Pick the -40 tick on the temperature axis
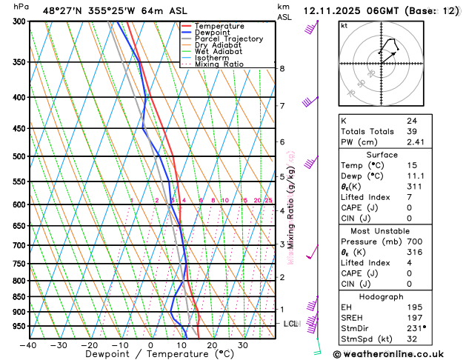[x=28, y=344]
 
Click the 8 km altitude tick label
[x=282, y=69]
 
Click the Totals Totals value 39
[x=411, y=131]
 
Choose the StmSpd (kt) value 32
[x=411, y=339]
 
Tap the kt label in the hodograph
[x=344, y=25]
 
